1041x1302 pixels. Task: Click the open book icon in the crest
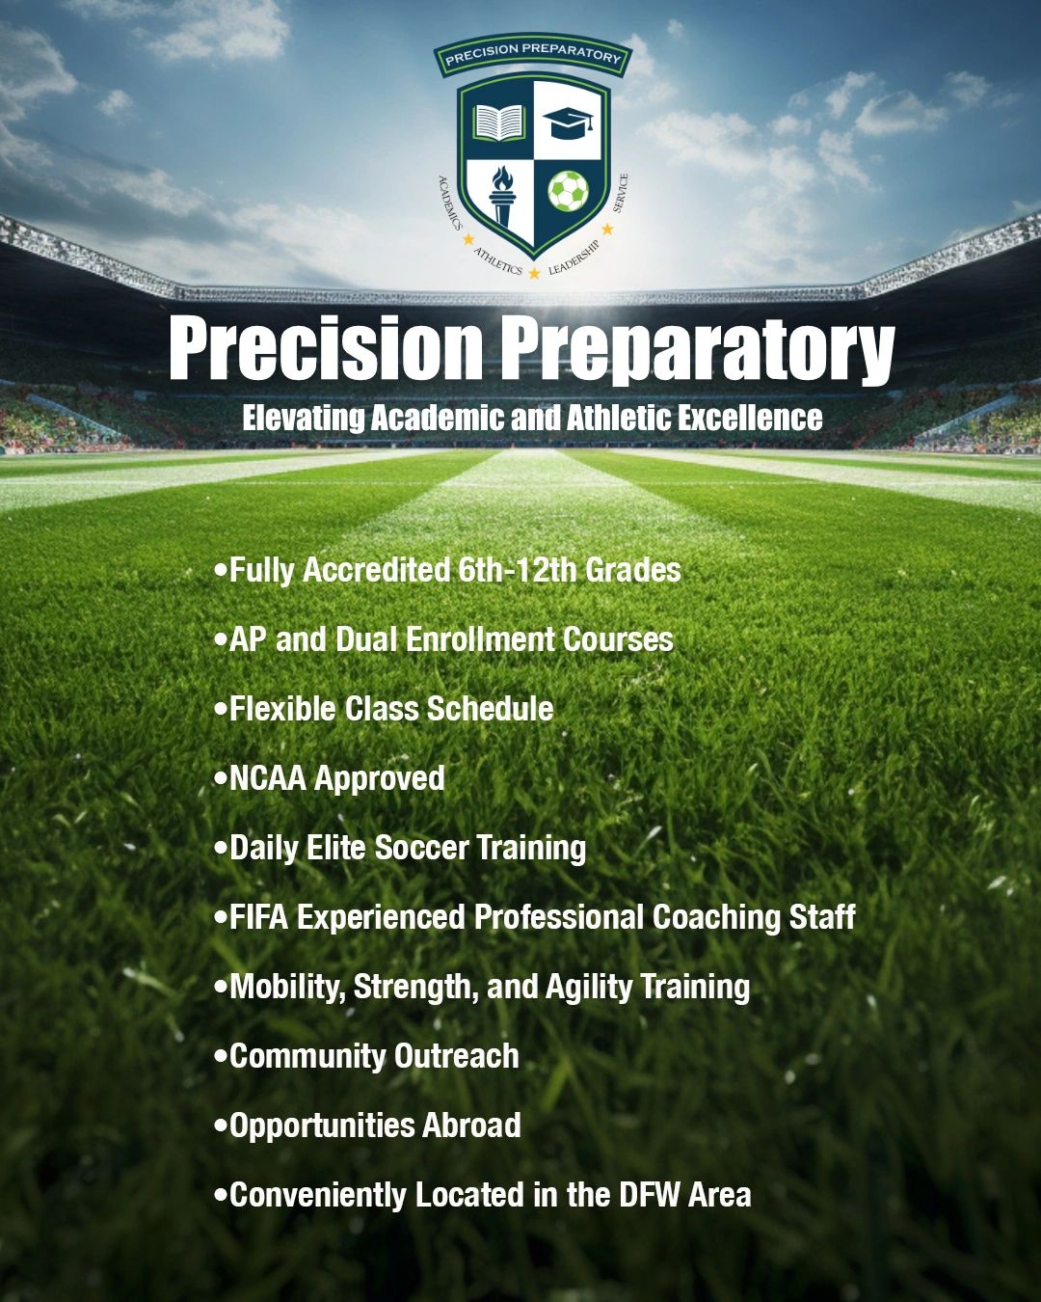498,122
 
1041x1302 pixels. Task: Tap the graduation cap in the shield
569,122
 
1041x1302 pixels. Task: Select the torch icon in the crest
500,192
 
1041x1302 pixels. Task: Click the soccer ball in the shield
568,191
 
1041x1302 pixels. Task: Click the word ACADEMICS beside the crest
450,202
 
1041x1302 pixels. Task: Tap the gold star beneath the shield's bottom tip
534,274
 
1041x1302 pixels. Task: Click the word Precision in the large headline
325,348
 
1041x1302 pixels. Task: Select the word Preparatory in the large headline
696,348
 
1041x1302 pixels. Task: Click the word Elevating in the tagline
304,418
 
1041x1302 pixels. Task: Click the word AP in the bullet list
248,639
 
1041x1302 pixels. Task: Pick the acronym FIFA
258,917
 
